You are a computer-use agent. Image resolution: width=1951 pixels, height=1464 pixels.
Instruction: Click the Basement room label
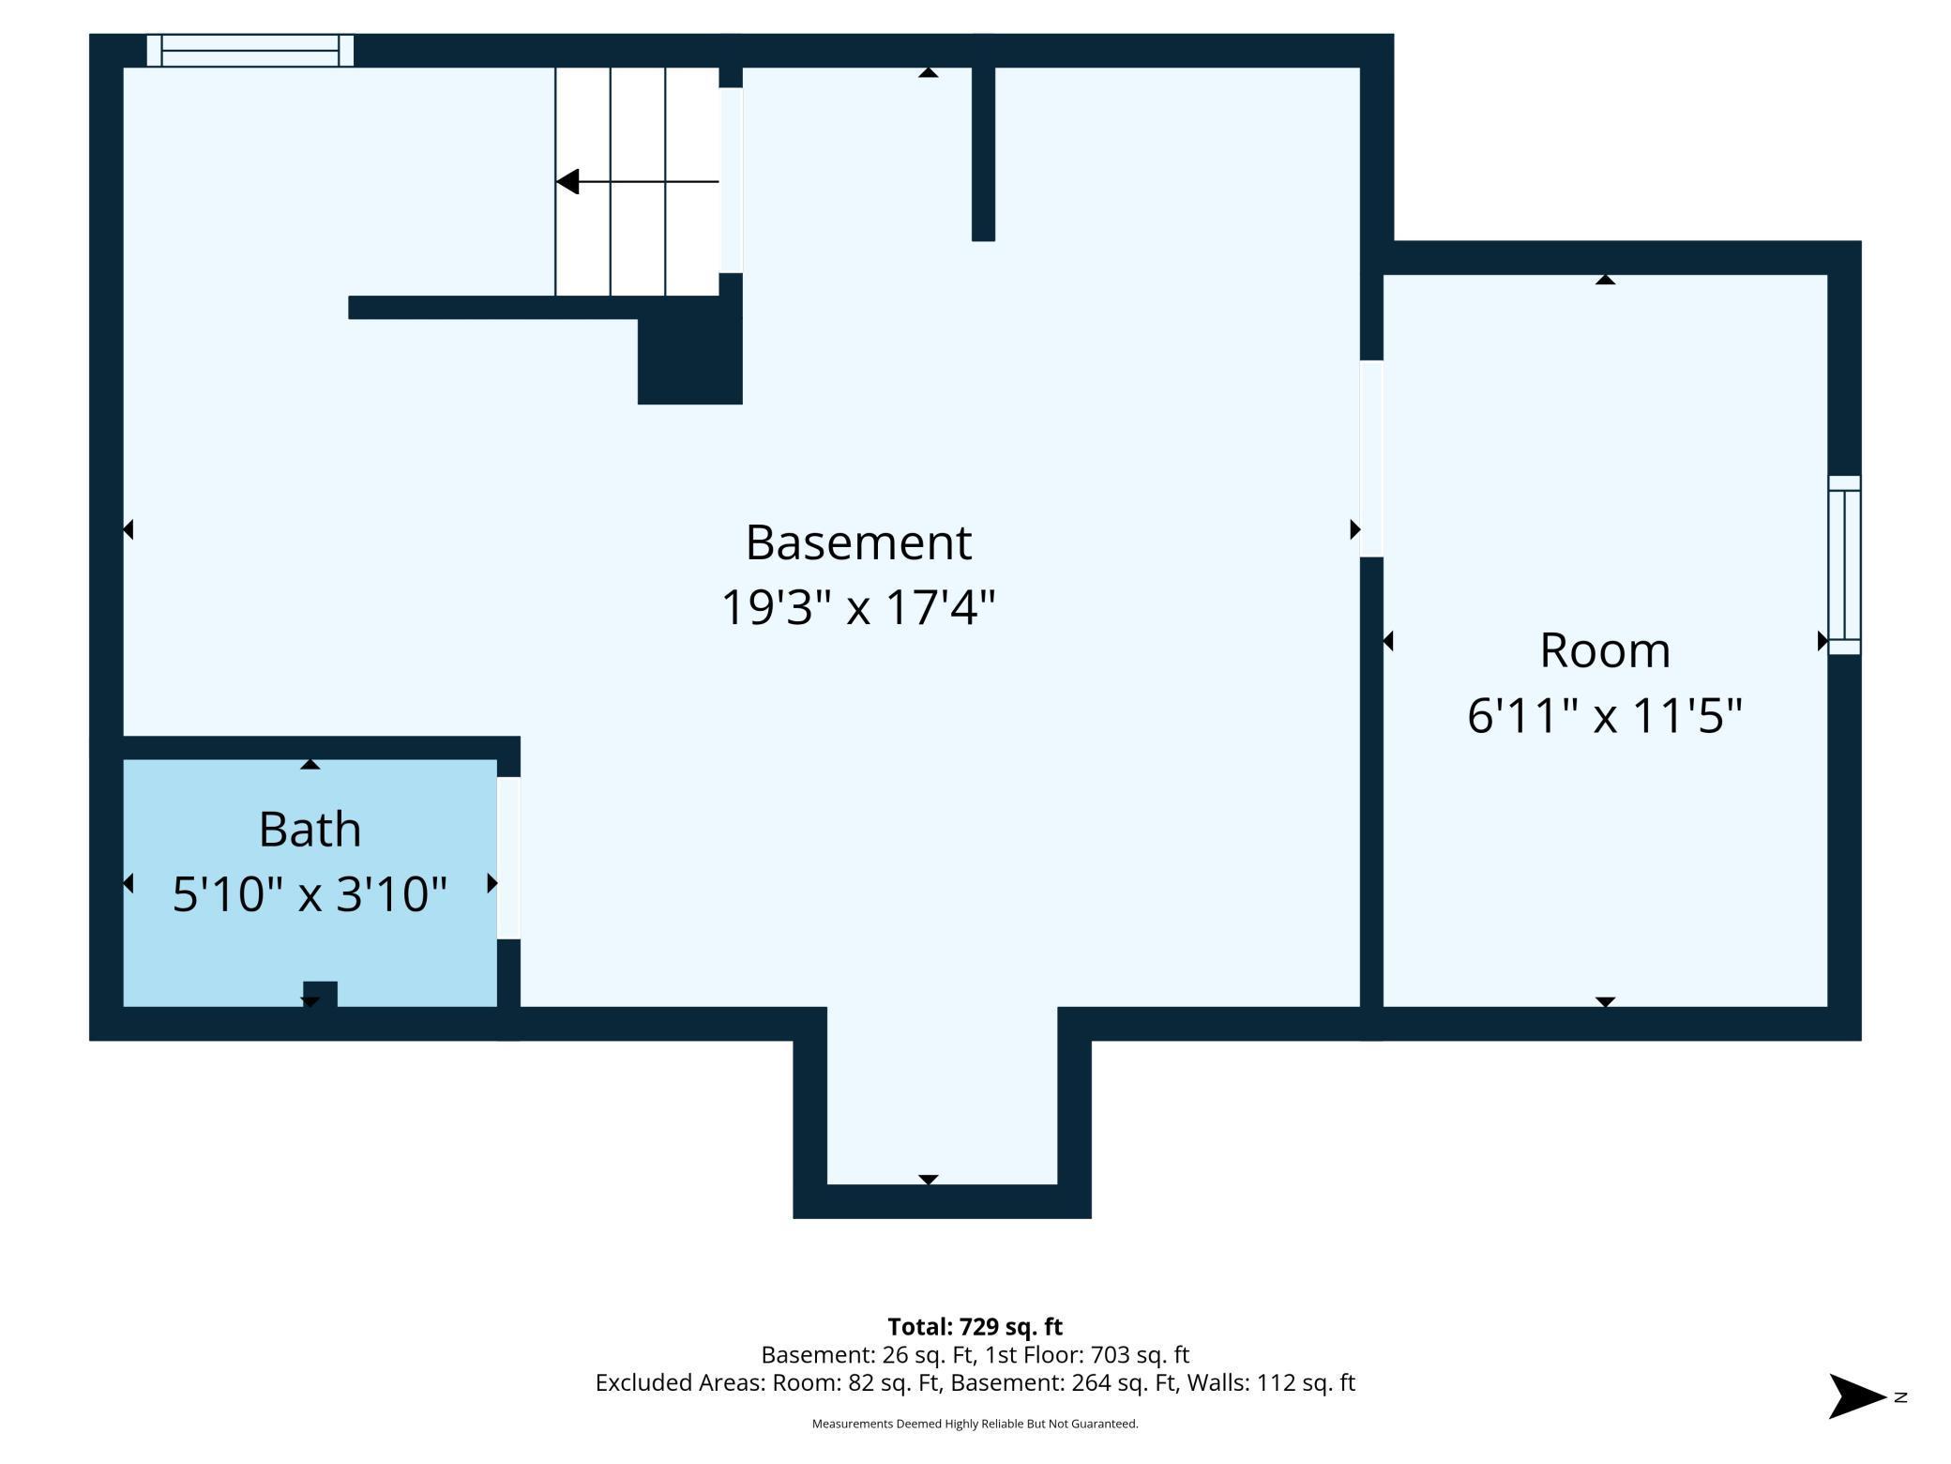click(858, 542)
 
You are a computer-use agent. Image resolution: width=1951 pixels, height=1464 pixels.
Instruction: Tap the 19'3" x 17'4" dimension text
click(858, 606)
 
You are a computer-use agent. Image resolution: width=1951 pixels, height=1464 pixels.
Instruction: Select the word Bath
click(310, 830)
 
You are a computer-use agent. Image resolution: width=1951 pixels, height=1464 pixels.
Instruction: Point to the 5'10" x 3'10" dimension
click(310, 893)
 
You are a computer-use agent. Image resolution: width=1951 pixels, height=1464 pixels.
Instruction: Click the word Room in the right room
click(1605, 650)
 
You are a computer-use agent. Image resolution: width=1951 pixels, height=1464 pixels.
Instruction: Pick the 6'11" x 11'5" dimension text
click(1605, 715)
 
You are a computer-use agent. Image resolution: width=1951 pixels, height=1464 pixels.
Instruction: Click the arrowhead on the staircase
click(567, 181)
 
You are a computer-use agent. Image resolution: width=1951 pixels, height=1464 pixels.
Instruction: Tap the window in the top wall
click(250, 50)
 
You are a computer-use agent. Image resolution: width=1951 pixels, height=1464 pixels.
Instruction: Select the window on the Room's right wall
click(1844, 565)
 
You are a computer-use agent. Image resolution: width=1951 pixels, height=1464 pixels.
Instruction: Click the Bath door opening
click(508, 858)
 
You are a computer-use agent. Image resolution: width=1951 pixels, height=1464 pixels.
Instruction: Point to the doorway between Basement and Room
click(1371, 459)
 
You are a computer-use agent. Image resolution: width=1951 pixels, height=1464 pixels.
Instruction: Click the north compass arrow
click(1857, 1396)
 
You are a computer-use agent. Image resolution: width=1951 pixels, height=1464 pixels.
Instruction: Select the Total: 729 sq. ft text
click(975, 1326)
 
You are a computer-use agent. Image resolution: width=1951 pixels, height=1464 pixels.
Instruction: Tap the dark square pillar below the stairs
click(690, 361)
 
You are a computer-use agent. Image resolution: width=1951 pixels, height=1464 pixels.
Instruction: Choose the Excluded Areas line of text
click(975, 1382)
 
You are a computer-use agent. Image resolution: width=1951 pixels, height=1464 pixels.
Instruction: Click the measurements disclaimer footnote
click(975, 1424)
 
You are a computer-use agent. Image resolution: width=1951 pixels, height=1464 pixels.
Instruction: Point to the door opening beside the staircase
click(731, 180)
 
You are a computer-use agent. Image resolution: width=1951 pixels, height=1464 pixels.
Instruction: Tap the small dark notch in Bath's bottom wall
click(320, 994)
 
